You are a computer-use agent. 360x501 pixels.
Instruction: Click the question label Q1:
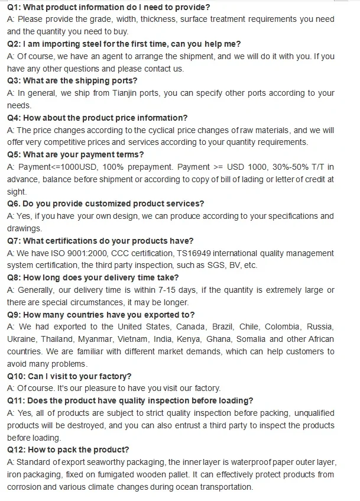14,7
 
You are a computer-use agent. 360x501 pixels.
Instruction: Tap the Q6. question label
14,203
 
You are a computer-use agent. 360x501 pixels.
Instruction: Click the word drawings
24,228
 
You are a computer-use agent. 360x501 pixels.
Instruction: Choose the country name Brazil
223,327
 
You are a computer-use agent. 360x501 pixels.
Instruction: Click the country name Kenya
190,339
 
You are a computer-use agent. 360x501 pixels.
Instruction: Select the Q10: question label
16,376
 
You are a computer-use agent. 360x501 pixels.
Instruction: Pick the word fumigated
112,474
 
